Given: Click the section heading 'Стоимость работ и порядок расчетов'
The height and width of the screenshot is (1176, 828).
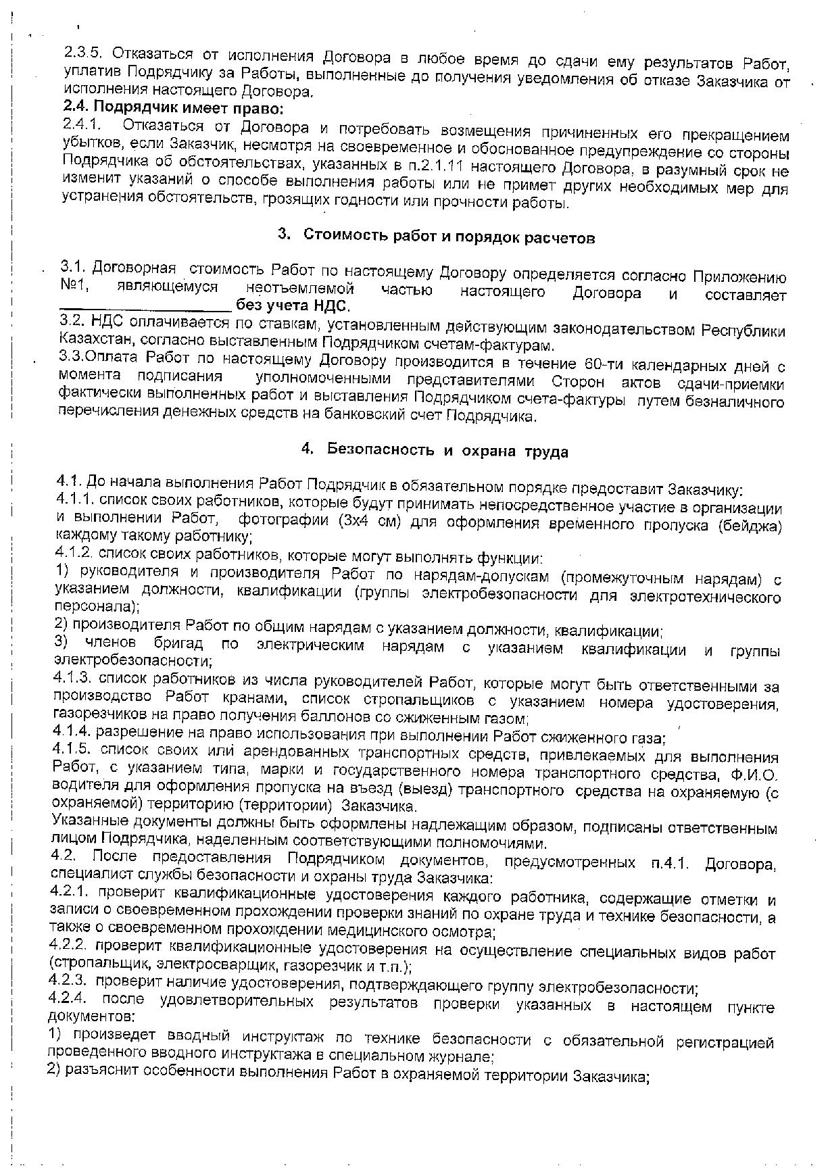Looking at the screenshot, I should [x=449, y=237].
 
